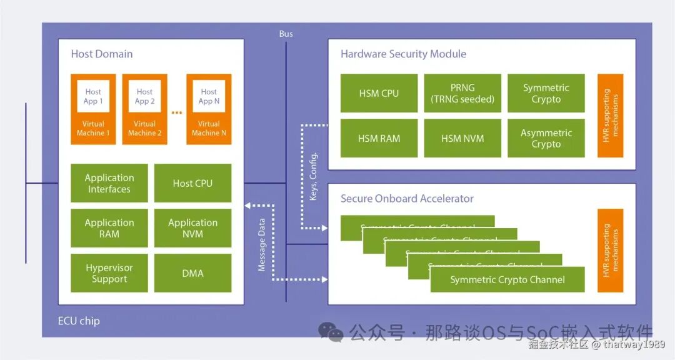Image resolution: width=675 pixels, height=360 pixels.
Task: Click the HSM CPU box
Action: pos(379,93)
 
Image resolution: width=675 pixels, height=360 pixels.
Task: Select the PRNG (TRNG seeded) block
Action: pos(462,93)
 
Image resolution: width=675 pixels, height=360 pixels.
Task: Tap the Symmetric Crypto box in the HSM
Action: pos(546,93)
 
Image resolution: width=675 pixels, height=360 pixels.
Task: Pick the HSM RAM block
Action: pos(379,138)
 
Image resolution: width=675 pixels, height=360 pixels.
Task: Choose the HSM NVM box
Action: pos(462,138)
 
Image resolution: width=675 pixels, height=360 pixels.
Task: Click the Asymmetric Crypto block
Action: pos(546,138)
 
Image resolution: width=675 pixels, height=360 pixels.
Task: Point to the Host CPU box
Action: pos(192,183)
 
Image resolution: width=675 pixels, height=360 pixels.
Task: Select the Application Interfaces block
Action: pos(109,183)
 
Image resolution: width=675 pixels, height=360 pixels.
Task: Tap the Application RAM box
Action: pos(109,228)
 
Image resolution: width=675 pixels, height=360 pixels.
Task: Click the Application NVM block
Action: pos(192,228)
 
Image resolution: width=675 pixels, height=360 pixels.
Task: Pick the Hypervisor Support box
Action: pos(109,273)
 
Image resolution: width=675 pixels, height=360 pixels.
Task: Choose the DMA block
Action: pos(192,273)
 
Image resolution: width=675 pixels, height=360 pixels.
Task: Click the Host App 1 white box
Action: pos(93,96)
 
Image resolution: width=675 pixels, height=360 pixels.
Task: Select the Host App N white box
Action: pos(209,96)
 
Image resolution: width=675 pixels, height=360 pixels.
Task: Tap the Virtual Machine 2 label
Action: pos(144,128)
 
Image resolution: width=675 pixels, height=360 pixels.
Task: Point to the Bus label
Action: pos(286,34)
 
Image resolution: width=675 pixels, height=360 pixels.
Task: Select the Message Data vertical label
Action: pos(262,244)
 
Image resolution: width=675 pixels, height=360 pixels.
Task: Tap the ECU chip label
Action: pos(79,321)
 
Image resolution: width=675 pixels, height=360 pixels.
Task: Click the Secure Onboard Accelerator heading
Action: pos(407,199)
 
